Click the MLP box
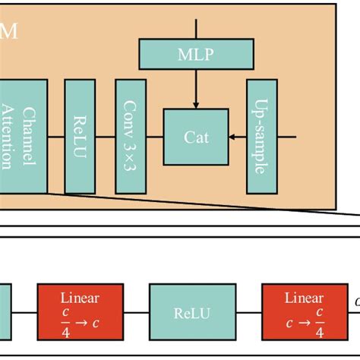coord(196,53)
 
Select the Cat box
coord(196,137)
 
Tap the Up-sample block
coord(260,137)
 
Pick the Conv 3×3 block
coord(130,137)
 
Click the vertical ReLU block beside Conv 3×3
coord(79,137)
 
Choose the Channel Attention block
coord(23,137)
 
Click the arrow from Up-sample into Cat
coord(237,137)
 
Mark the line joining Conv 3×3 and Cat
coord(154,137)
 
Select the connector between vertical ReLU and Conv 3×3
coord(104,137)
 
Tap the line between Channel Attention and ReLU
coord(55,137)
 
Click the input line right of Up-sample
coord(285,137)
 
